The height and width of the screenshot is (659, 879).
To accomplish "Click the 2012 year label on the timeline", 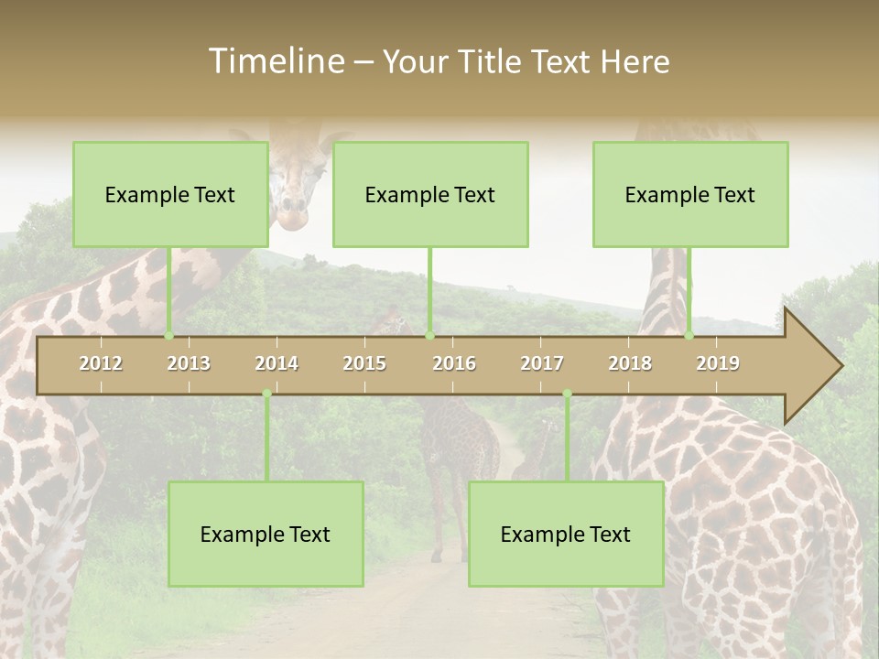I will point(101,363).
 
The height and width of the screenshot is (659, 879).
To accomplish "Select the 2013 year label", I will point(189,363).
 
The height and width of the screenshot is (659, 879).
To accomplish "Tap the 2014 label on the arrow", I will point(277,363).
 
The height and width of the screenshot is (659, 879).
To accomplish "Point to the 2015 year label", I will point(364,363).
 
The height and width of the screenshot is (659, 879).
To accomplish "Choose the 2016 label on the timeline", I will point(454,363).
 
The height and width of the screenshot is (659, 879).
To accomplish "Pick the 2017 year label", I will point(542,363).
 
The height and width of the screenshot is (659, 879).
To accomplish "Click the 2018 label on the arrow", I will point(630,363).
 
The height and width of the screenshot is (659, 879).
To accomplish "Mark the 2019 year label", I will point(718,363).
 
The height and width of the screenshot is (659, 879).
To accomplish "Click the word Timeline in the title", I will point(275,61).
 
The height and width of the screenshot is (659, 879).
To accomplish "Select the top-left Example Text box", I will point(170,194).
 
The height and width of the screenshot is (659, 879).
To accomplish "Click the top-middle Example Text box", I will point(430,194).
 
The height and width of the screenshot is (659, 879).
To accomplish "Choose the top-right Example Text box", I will point(690,194).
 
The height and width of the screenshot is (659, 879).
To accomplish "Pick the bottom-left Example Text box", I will point(266,534).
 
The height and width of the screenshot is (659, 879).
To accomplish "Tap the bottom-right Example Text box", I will point(566,534).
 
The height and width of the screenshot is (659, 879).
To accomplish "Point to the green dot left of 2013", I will point(168,336).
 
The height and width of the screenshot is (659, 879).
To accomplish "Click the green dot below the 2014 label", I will point(266,394).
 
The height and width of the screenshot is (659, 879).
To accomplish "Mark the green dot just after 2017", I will point(567,394).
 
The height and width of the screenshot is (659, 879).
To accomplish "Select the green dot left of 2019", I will point(689,336).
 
